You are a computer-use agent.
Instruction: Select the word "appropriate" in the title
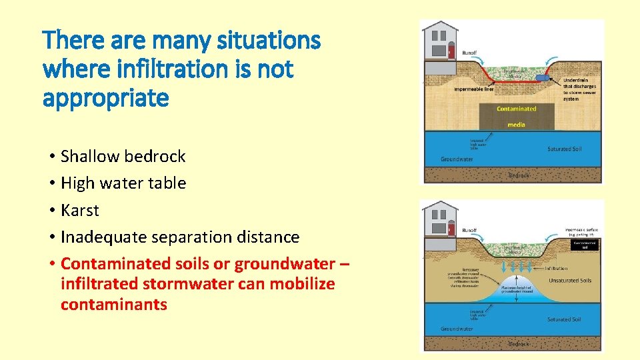[x=106, y=97]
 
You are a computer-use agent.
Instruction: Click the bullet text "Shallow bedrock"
[x=123, y=157]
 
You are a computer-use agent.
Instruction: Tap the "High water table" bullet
[x=123, y=183]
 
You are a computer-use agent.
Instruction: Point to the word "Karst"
[x=79, y=210]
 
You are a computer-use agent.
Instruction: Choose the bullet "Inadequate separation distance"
[x=180, y=237]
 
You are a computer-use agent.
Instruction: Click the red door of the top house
[x=451, y=51]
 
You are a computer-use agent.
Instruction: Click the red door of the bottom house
[x=451, y=230]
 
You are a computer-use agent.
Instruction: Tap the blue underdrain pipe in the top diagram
[x=541, y=77]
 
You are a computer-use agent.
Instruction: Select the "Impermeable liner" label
[x=474, y=88]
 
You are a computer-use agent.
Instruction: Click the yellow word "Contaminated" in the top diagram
[x=517, y=109]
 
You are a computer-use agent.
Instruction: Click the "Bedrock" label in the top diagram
[x=519, y=175]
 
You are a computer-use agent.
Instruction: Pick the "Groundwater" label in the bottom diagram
[x=457, y=329]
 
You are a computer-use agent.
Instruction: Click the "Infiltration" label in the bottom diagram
[x=556, y=269]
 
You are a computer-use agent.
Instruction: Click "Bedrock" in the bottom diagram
[x=519, y=343]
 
